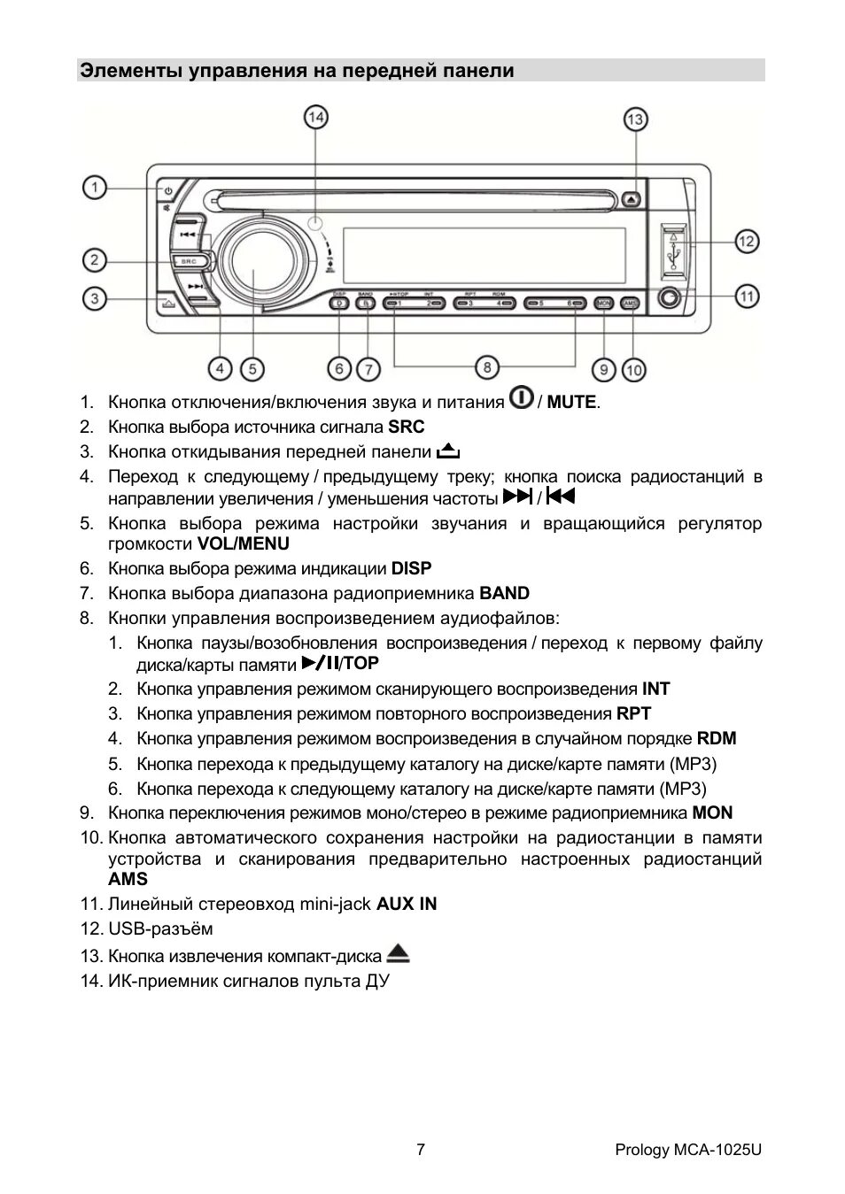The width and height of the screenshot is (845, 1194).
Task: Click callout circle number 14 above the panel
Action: coord(316,116)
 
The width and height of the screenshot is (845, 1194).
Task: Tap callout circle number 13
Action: coord(635,119)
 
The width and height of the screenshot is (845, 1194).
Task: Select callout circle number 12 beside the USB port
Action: coord(747,241)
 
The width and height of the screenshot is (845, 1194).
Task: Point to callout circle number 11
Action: coord(747,296)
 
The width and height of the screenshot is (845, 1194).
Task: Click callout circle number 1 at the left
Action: coord(95,188)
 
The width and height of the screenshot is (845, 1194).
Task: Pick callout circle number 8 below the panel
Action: coord(486,366)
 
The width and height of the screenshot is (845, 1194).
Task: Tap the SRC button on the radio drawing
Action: coord(188,261)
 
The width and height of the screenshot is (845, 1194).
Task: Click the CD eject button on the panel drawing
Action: coord(630,200)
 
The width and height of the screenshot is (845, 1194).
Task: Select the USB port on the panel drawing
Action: coord(672,251)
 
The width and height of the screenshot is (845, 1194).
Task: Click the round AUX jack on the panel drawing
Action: coord(671,298)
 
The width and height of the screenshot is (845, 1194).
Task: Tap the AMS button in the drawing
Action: coord(630,303)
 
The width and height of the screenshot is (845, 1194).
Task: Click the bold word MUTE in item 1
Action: coord(571,403)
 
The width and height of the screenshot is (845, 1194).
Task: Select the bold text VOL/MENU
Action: coord(243,543)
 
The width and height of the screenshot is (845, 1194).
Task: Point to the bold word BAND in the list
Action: coord(504,593)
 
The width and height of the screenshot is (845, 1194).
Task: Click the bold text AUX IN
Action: coord(407,904)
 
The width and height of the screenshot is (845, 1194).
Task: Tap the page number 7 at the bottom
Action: coord(421,1150)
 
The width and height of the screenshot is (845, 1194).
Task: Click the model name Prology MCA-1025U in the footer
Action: coord(688,1150)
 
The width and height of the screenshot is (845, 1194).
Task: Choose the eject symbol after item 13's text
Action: coord(398,954)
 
